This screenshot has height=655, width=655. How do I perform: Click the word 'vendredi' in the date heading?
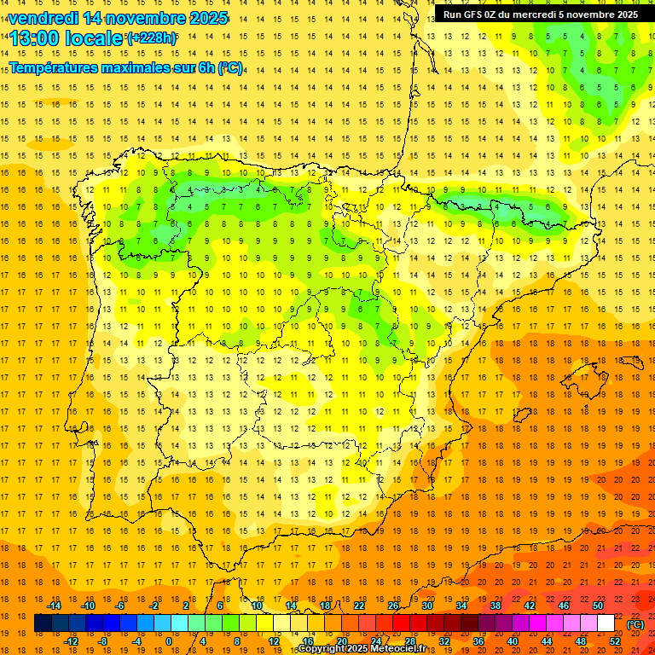(43, 18)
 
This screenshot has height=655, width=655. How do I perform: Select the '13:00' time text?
(36, 38)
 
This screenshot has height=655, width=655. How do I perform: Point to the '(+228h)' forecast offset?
(152, 38)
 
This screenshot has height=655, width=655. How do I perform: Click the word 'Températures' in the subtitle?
(57, 67)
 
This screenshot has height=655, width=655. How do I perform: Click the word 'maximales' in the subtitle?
(146, 67)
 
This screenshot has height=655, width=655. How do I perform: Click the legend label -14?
(54, 606)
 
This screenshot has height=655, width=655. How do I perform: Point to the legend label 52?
(615, 641)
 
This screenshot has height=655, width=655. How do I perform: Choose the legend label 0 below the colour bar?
(169, 641)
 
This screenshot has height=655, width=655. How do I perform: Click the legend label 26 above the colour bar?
(393, 606)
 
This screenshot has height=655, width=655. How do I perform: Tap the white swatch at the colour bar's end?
(606, 623)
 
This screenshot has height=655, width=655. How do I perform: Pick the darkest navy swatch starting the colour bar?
(43, 623)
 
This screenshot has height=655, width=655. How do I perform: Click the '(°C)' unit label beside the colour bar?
(635, 623)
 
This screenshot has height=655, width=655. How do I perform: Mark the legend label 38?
(496, 606)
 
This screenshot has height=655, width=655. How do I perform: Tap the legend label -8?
(102, 641)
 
